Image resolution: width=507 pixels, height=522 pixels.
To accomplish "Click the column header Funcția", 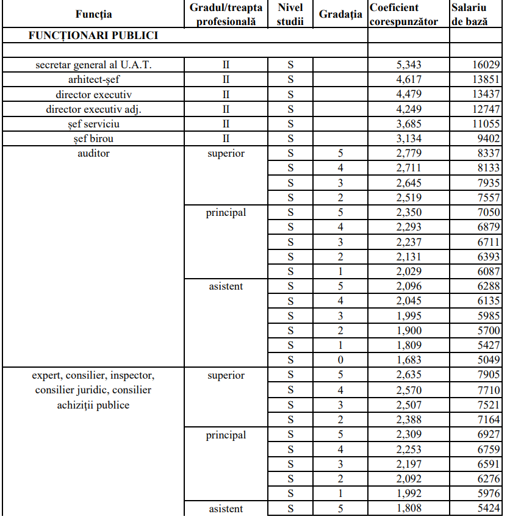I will point(93,14).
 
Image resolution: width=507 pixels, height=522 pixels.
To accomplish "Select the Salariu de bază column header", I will point(469,15).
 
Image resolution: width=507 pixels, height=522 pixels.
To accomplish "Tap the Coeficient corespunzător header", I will point(403,15).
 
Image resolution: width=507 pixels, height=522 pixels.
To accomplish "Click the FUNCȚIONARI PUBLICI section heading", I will point(93,35).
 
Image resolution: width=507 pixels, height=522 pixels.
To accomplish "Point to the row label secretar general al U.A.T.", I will point(93,65).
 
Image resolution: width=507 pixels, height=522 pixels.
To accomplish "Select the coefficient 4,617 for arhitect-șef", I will point(409,80).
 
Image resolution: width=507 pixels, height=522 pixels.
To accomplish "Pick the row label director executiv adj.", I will point(93,109).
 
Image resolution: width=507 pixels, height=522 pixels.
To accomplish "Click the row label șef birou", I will point(93,139).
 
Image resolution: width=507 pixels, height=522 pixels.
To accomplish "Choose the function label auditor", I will point(93,154).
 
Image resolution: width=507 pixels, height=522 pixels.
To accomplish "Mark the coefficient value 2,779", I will point(409,154).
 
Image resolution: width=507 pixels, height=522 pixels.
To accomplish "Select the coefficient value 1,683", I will point(409,360).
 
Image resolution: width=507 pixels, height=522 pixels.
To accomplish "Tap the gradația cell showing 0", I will point(340,360).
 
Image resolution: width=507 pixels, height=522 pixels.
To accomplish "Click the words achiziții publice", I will point(93,405).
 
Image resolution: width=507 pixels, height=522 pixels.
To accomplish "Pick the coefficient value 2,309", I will point(409,435).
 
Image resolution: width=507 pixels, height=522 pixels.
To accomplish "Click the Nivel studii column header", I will point(290,15).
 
